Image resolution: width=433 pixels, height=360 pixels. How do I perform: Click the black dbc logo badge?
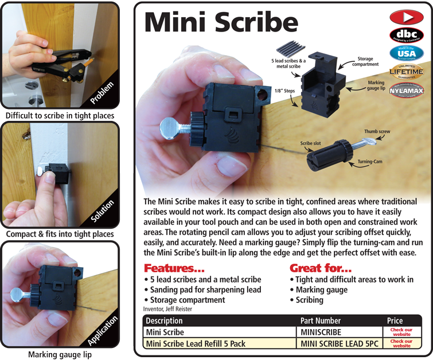click(407, 34)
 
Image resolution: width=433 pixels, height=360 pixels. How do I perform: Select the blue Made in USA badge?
click(407, 53)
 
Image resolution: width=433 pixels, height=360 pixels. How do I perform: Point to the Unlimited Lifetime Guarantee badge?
click(407, 72)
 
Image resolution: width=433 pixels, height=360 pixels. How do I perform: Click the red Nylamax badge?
click(407, 91)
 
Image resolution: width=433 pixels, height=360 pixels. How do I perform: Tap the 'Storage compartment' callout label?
click(369, 61)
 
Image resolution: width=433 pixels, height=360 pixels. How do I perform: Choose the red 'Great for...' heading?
click(321, 268)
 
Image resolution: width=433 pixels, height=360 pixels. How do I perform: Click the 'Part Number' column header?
click(320, 320)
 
